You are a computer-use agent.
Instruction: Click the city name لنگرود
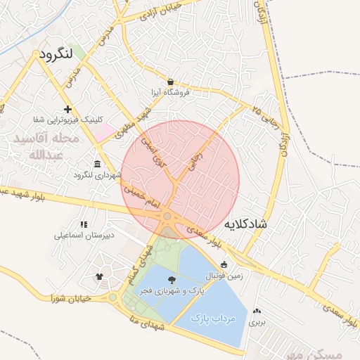[x=57, y=54]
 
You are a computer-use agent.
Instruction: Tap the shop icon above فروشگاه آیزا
[x=171, y=81]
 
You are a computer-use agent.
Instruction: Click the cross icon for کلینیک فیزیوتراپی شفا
[x=67, y=109]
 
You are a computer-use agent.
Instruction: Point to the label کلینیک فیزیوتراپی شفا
[x=67, y=120]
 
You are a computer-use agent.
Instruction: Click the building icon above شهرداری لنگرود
[x=97, y=164]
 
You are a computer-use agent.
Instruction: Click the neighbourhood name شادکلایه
[x=245, y=224]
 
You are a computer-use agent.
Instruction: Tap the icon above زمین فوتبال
[x=224, y=265]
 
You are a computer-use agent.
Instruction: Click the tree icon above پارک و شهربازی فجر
[x=173, y=281]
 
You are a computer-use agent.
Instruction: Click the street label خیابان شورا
[x=72, y=298]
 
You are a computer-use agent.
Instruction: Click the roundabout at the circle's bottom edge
[x=168, y=217]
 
